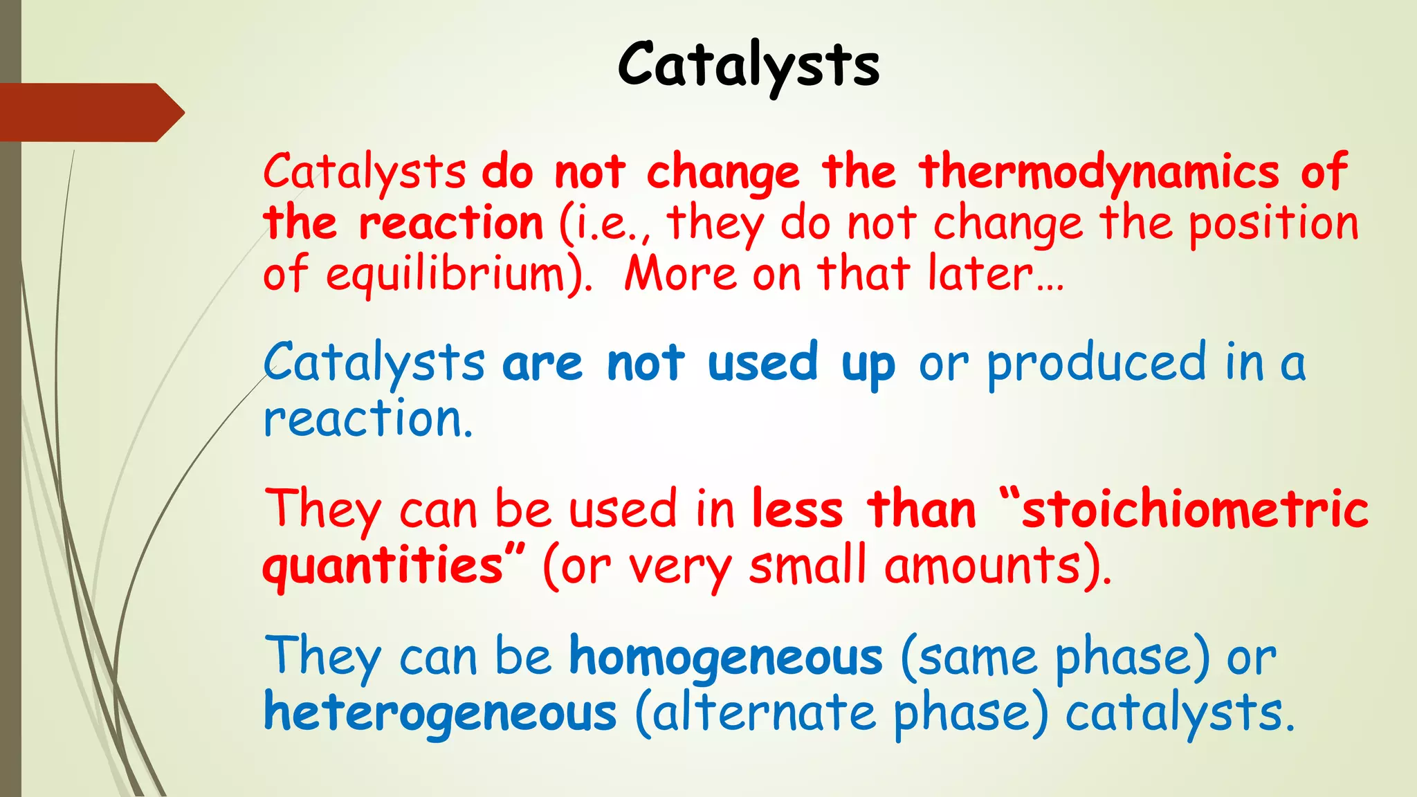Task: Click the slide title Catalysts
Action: [748, 64]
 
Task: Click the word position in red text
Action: [1273, 223]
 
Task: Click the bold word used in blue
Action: [762, 363]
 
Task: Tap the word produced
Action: [1096, 363]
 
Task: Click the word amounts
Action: [982, 565]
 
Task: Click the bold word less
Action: [797, 509]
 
